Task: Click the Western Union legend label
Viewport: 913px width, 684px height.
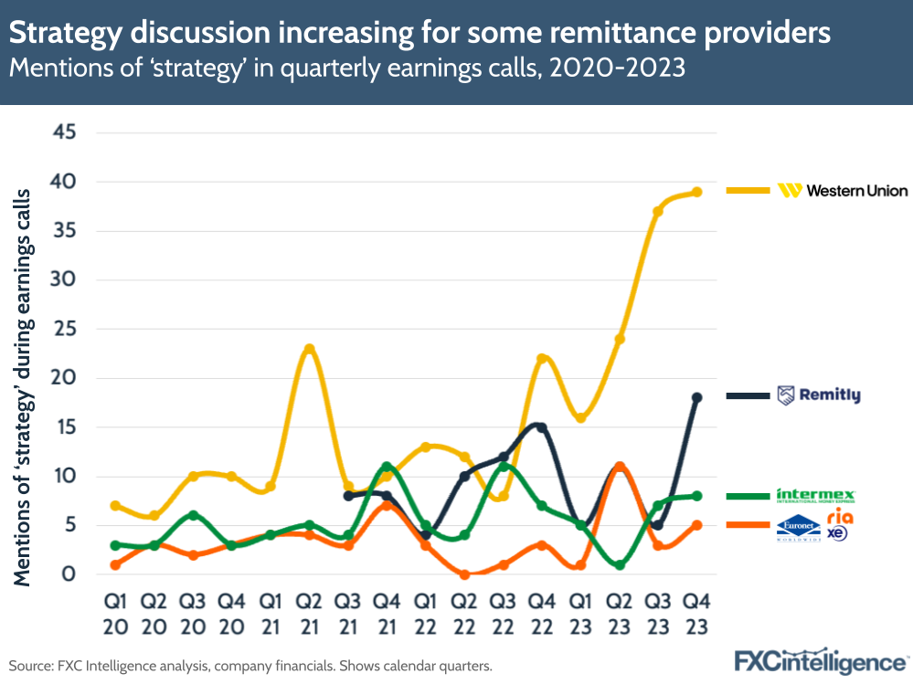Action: point(843,190)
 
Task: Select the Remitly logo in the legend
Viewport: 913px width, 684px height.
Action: point(818,395)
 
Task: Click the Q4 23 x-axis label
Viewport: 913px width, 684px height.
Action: point(696,616)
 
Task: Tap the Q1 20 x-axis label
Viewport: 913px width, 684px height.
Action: point(114,616)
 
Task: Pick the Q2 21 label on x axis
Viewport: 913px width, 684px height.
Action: point(308,616)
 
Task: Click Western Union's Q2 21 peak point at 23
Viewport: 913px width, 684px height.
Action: point(309,349)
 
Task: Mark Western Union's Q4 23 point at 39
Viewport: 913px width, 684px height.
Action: point(696,192)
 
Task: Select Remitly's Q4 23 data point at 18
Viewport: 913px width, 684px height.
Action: point(696,397)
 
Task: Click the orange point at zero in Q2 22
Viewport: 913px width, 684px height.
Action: point(464,574)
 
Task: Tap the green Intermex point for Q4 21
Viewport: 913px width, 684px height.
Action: point(387,467)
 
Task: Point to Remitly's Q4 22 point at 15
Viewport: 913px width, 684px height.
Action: point(541,427)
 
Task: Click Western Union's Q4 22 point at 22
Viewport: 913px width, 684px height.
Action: point(541,359)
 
